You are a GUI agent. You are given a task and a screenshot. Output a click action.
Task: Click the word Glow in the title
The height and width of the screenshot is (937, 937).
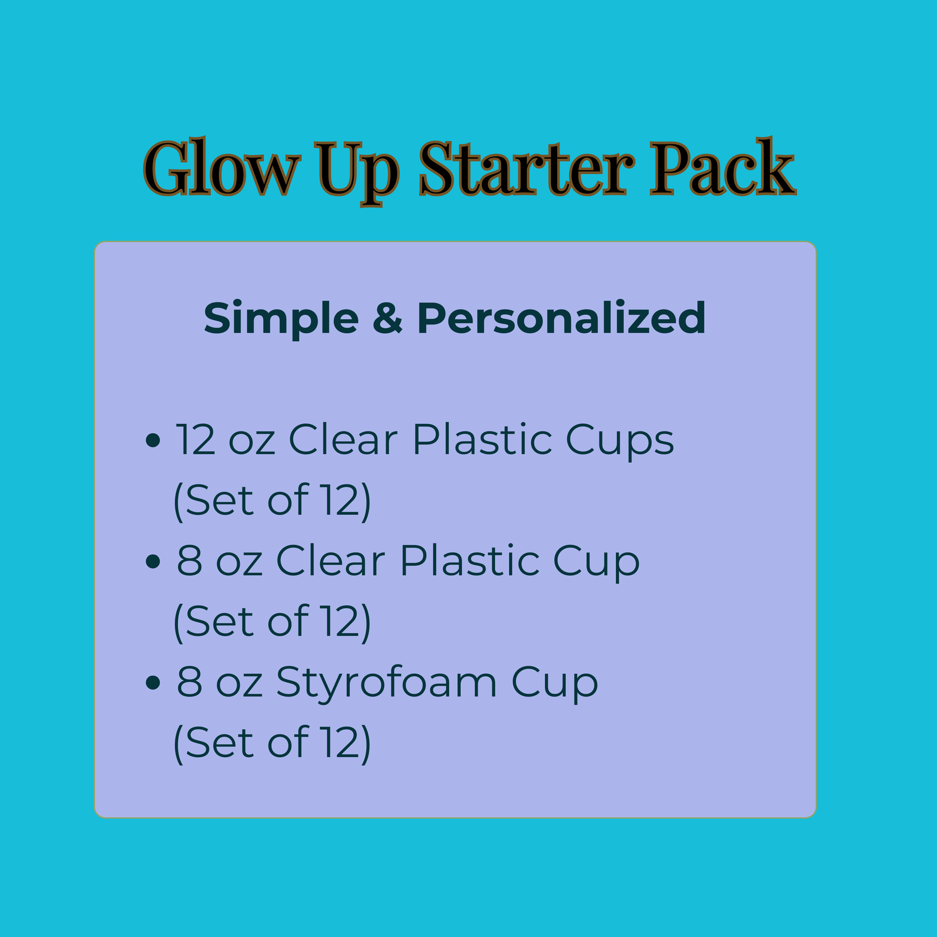coord(222,166)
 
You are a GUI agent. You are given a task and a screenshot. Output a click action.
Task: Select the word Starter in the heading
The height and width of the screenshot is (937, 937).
coord(527,168)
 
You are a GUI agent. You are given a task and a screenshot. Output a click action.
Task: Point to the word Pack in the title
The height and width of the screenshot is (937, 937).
coord(723,166)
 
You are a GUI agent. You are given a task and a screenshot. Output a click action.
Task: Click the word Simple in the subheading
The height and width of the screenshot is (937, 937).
coord(281,320)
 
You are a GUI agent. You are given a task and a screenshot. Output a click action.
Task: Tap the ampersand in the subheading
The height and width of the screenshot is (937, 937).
coord(388,318)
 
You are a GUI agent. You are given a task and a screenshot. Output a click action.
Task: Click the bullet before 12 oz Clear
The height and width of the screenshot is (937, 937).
coord(153,441)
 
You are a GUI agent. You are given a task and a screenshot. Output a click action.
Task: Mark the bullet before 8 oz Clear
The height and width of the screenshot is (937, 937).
coord(153,561)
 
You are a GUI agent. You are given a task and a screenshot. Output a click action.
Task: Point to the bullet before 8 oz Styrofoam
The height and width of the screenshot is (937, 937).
coord(153,682)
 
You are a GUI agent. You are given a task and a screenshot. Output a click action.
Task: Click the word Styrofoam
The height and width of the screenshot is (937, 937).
coord(387,684)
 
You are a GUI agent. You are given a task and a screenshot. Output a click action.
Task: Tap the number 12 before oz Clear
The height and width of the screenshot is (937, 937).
coord(195,440)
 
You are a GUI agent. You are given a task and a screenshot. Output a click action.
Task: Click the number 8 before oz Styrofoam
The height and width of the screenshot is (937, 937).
coord(190,681)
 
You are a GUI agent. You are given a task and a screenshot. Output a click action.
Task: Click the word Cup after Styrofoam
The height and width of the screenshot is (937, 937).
coord(555,684)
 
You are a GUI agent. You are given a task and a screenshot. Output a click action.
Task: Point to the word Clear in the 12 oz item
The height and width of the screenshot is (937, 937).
coord(343,440)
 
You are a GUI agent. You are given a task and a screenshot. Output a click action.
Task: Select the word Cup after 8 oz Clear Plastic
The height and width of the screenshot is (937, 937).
coord(597,562)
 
